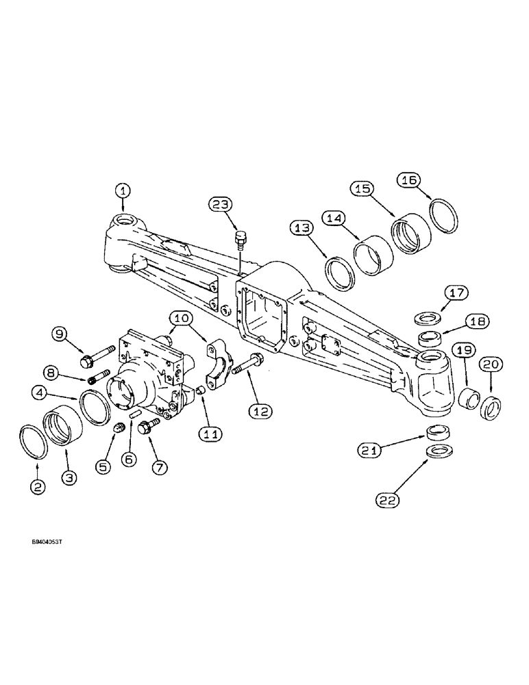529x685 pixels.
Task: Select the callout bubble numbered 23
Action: pyautogui.click(x=222, y=205)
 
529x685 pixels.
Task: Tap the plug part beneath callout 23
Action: pyautogui.click(x=240, y=238)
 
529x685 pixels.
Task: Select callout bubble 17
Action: pyautogui.click(x=457, y=293)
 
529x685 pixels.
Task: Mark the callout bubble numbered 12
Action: pyautogui.click(x=261, y=412)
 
